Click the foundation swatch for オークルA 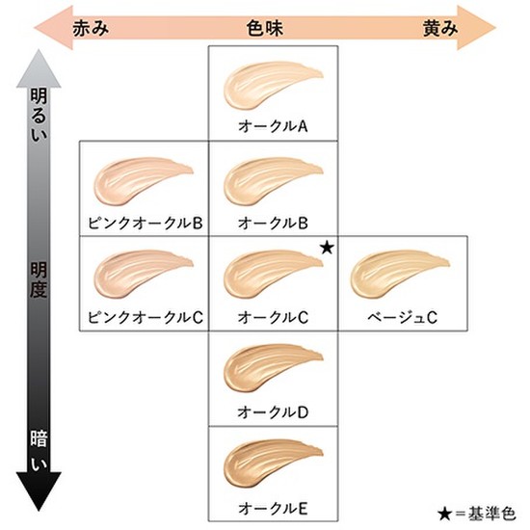267,85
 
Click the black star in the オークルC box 327,248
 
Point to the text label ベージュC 402,317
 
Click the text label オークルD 273,412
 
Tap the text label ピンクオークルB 146,224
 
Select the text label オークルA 273,126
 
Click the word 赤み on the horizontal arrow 91,28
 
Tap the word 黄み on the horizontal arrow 440,28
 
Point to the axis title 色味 265,28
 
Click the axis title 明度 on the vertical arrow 39,279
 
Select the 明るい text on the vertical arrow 39,115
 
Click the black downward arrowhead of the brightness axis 39,490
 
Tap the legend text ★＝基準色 477,514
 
